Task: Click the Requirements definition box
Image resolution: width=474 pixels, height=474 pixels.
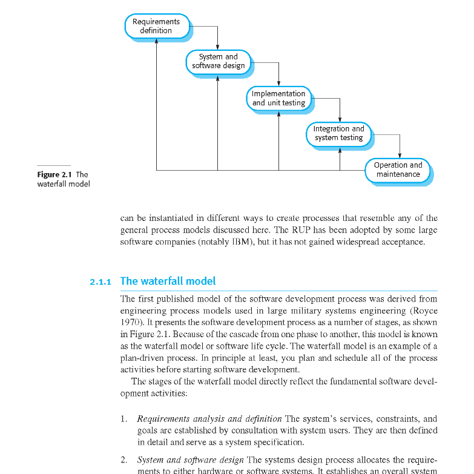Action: click(x=156, y=26)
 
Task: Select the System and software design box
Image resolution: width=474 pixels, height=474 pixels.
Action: click(x=218, y=61)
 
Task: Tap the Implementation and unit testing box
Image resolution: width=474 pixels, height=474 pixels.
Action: click(x=278, y=98)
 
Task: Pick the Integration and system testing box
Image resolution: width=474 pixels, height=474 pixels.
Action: click(x=338, y=133)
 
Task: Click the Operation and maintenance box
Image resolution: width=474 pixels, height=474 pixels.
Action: click(x=398, y=170)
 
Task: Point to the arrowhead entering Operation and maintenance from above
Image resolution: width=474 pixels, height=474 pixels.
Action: click(x=400, y=156)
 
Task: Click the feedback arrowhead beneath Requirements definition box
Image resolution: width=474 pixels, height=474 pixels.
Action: click(x=157, y=41)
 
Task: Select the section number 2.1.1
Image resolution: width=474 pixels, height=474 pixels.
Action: click(x=101, y=281)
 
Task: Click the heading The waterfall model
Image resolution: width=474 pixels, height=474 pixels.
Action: click(x=168, y=281)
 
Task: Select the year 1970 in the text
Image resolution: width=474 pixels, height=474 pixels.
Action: click(x=130, y=322)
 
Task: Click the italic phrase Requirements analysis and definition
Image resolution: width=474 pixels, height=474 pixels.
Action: click(x=209, y=419)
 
